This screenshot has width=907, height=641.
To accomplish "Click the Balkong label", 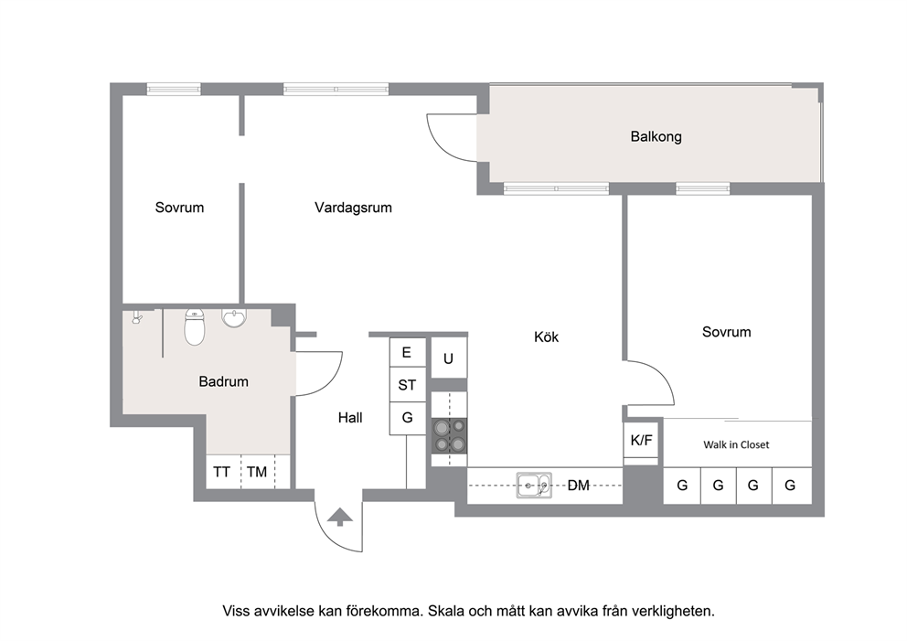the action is click(x=656, y=137).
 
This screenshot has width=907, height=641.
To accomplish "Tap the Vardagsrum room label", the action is click(x=353, y=207).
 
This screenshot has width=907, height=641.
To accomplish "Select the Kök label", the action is click(x=546, y=337).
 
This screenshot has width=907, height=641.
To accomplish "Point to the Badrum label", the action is click(x=223, y=381).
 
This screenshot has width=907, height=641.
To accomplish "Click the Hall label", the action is click(x=350, y=418).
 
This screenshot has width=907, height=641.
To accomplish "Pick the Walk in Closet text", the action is click(x=736, y=445).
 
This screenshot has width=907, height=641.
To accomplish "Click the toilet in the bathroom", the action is click(x=195, y=326).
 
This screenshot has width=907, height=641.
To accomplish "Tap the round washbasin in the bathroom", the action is click(x=234, y=318).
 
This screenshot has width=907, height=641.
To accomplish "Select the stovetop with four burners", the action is click(x=450, y=435).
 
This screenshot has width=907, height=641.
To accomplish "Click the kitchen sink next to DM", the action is click(x=534, y=485).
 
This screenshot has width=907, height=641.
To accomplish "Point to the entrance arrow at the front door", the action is click(x=339, y=517).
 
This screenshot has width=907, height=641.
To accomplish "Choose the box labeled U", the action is click(x=449, y=358).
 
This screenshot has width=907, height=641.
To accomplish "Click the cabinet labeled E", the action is click(x=407, y=352).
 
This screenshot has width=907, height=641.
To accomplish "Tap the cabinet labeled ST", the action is click(x=407, y=385).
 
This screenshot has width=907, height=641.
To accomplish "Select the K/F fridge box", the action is click(x=641, y=441).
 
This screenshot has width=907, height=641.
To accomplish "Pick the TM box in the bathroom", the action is click(x=258, y=472).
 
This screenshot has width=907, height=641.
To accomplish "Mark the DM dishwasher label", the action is click(x=579, y=486).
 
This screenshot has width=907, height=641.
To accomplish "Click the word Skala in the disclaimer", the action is click(x=445, y=611).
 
